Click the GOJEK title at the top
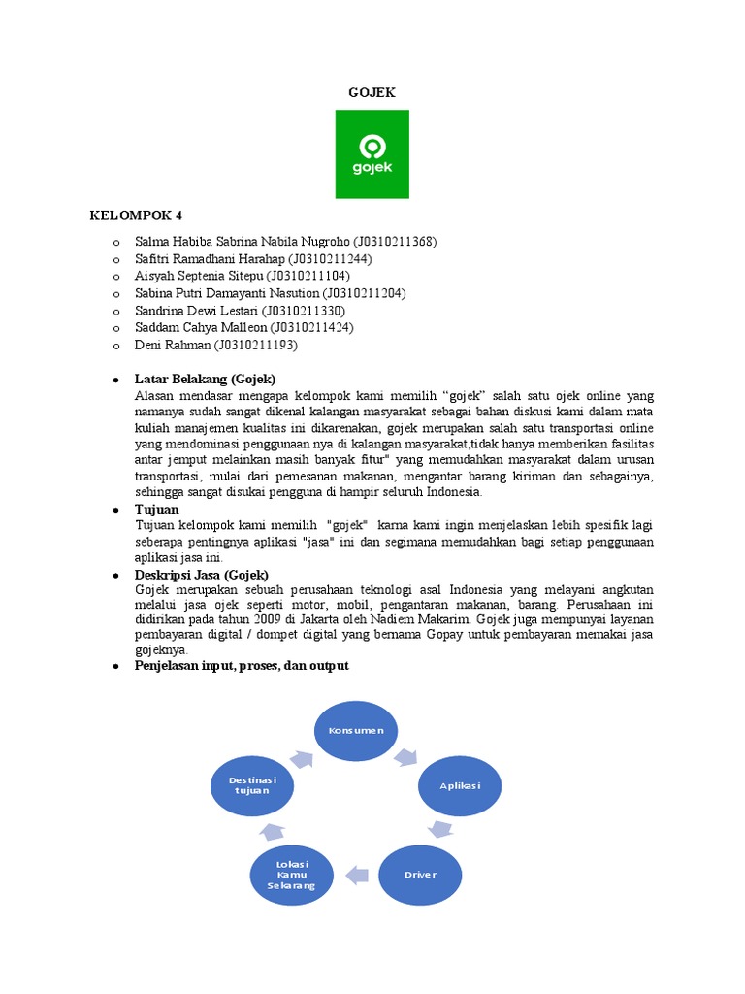click(372, 92)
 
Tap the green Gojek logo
click(372, 154)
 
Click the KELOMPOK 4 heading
click(136, 215)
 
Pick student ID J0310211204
click(363, 293)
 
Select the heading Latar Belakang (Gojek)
click(205, 379)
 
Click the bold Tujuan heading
click(156, 509)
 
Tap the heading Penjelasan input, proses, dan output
click(242, 666)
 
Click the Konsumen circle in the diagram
click(356, 730)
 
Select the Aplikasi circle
click(461, 783)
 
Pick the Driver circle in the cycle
click(420, 874)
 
